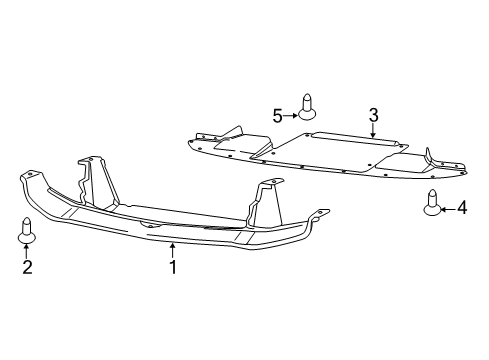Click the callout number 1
[173, 267]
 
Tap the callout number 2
[27, 267]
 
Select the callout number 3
[372, 116]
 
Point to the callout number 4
[462, 208]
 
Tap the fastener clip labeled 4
[433, 203]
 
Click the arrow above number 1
[173, 249]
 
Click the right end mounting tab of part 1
[322, 212]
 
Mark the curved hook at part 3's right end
[432, 156]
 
